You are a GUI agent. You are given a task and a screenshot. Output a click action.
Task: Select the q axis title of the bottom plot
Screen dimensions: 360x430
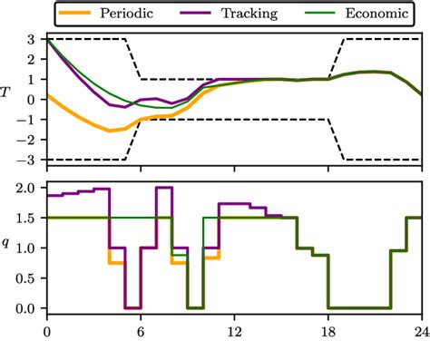pyautogui.click(x=10, y=243)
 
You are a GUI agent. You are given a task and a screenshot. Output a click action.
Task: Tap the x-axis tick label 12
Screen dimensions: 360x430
pyautogui.click(x=234, y=332)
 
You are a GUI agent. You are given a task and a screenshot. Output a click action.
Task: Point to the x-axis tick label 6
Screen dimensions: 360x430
pyautogui.click(x=141, y=332)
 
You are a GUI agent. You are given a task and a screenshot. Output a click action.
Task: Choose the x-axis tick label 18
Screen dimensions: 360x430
pyautogui.click(x=327, y=332)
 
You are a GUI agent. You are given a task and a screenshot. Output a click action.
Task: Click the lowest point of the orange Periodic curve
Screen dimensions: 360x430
pyautogui.click(x=110, y=131)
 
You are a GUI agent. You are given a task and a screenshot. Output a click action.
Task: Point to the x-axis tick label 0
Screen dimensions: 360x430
pyautogui.click(x=47, y=332)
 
